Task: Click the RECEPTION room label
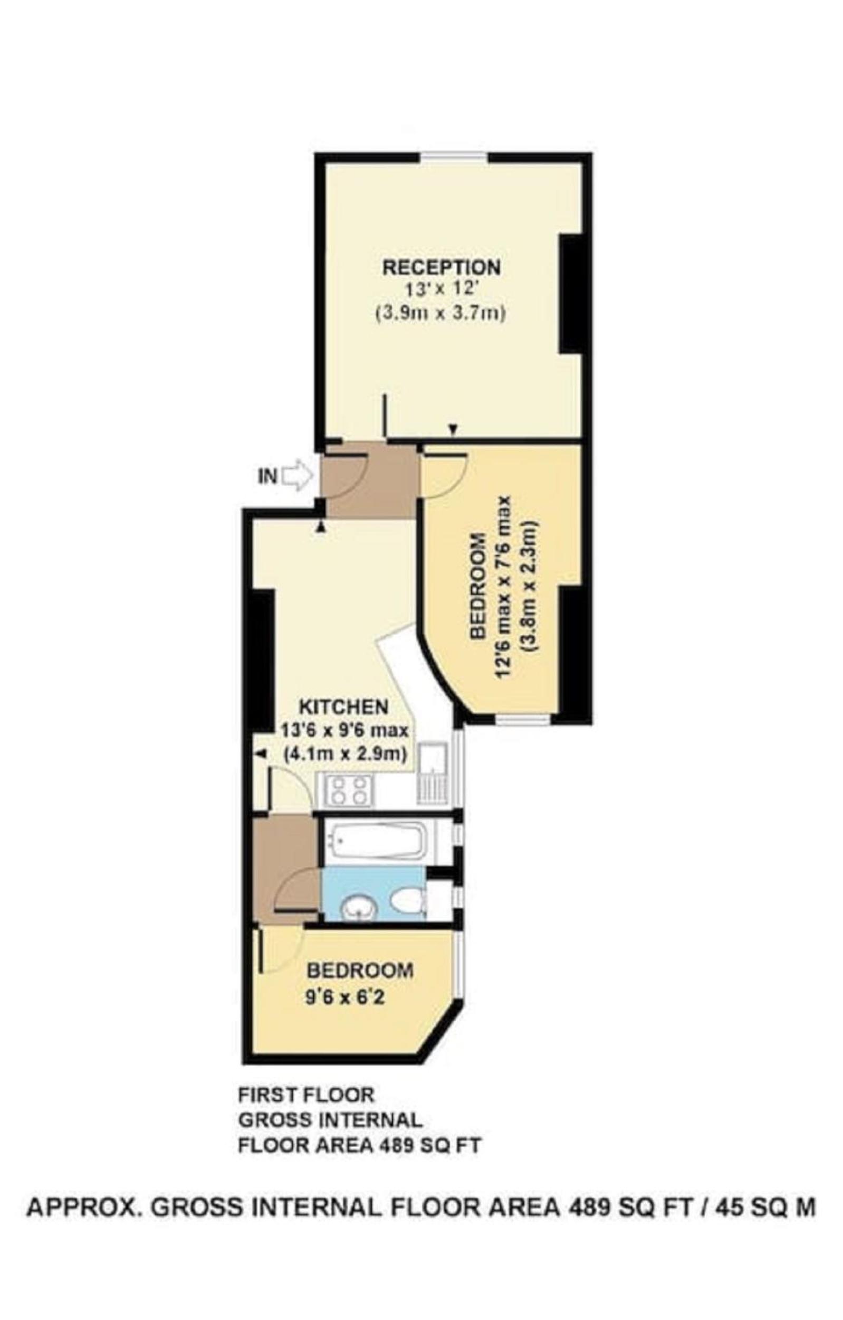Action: (441, 268)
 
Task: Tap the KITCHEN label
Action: (343, 706)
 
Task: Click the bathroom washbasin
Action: (359, 908)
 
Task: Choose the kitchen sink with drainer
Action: (433, 772)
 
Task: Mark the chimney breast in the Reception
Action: (570, 293)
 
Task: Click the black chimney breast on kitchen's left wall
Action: (262, 661)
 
